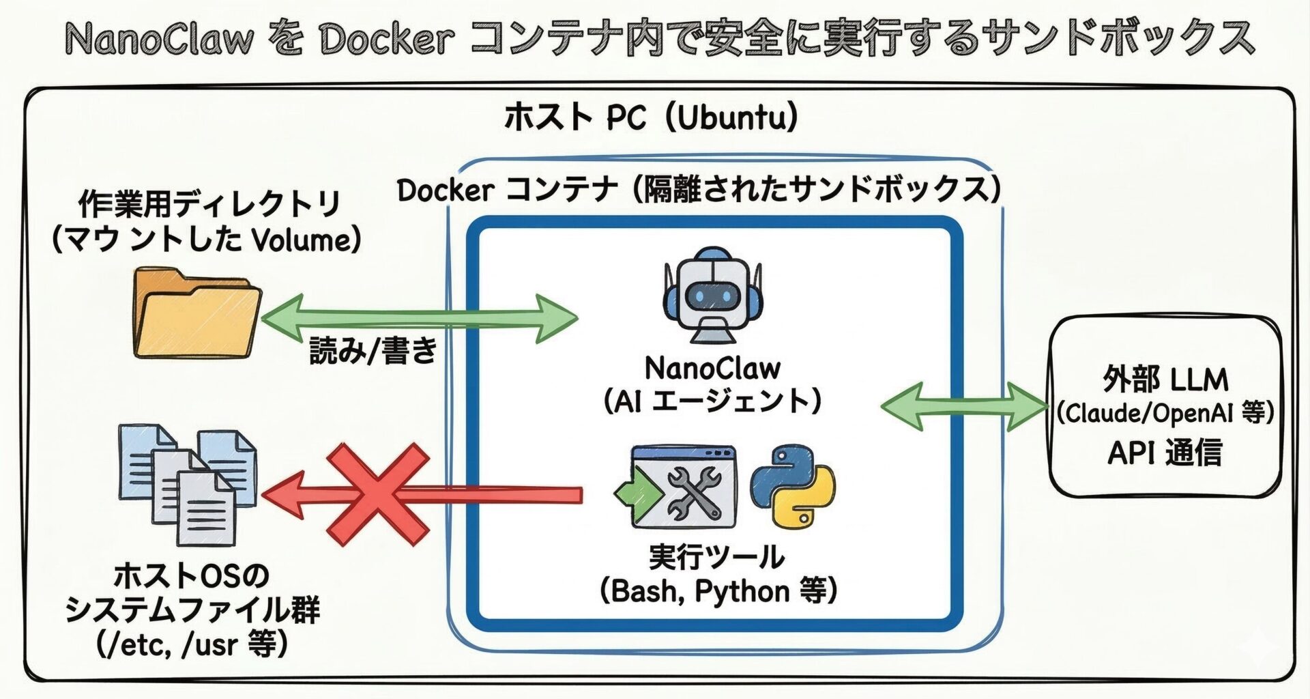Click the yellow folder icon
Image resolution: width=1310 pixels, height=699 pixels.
(x=196, y=314)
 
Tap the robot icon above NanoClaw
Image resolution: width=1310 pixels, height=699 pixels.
(x=712, y=295)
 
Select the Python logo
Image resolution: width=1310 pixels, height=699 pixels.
(x=793, y=486)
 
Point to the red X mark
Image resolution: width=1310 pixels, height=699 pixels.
(x=377, y=494)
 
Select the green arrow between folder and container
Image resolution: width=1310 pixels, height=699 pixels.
(x=419, y=318)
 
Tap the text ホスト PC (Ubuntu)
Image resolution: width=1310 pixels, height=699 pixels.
(x=651, y=117)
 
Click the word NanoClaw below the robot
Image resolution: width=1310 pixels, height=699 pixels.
(x=712, y=369)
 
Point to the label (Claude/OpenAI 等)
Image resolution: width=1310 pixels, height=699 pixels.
(x=1165, y=412)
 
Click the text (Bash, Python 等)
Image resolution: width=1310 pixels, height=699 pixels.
(x=718, y=591)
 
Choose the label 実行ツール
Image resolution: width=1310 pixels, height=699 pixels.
(x=716, y=558)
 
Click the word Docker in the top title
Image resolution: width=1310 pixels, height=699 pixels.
(x=387, y=39)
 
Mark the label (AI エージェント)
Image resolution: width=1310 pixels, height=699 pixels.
(x=712, y=401)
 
